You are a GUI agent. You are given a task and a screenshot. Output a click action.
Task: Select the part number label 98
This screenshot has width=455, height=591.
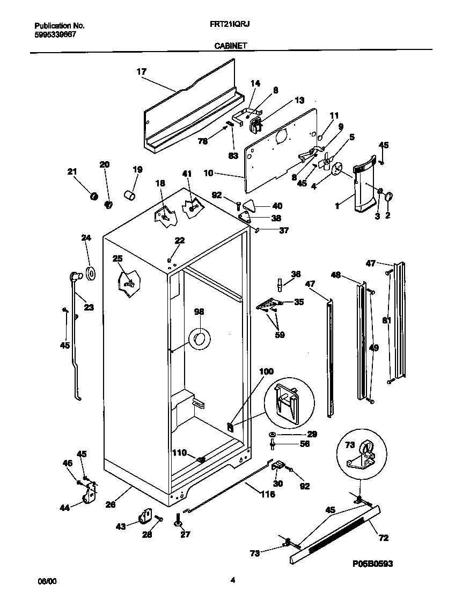point(199,312)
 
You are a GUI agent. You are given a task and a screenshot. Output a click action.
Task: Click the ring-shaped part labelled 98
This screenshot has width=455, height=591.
point(200,338)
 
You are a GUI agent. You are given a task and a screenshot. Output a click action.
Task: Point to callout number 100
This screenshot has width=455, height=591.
point(267,371)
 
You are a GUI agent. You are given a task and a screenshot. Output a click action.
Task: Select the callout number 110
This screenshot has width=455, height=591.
point(179,453)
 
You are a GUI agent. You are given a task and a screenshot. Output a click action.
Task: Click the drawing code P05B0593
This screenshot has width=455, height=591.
point(372,564)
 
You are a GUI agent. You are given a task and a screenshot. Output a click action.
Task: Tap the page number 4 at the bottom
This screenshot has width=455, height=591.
point(232,580)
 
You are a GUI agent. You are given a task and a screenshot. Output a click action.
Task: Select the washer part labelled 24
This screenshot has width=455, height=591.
point(91,273)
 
